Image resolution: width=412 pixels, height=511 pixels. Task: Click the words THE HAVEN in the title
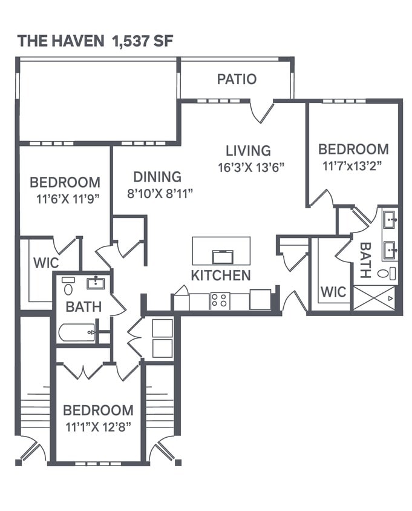(x=61, y=41)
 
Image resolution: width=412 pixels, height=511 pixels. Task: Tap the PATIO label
(x=237, y=79)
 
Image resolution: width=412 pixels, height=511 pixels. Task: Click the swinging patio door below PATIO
(x=262, y=112)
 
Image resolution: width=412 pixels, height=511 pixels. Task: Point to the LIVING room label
(x=248, y=151)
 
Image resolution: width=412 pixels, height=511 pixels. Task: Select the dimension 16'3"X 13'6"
(x=251, y=167)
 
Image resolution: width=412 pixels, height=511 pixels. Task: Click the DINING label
(x=157, y=177)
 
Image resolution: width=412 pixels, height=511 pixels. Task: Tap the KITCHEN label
(x=221, y=275)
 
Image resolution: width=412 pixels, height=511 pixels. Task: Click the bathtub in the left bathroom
(x=77, y=332)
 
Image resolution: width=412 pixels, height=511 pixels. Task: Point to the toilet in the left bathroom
(x=68, y=285)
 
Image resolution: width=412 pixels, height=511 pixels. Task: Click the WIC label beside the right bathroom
(x=333, y=292)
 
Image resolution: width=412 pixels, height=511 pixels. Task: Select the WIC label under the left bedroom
(x=46, y=264)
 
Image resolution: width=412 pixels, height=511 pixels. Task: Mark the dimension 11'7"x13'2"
(x=353, y=164)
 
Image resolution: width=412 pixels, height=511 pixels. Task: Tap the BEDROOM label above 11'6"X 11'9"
(x=65, y=182)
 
